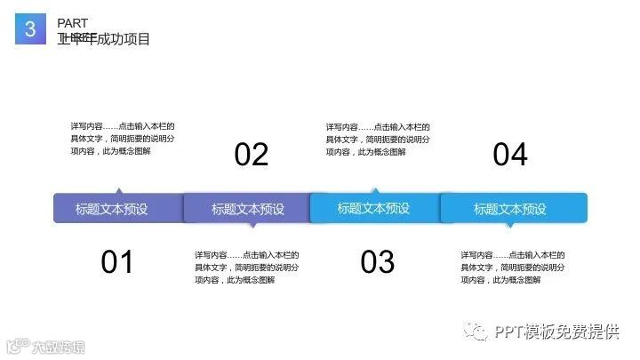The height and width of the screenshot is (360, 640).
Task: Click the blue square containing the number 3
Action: pos(30,29)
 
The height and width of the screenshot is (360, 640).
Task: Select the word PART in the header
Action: pos(72,22)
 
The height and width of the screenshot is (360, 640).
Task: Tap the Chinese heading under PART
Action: pos(103,38)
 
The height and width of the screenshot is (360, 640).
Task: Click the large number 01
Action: pos(116,262)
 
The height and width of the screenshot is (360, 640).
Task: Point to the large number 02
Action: pos(252,155)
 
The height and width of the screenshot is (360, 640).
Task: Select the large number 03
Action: pos(378,262)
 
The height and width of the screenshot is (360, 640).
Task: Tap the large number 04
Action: pos(510,155)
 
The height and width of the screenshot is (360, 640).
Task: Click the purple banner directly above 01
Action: pos(117,209)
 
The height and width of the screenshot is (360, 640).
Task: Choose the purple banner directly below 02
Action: pos(247,209)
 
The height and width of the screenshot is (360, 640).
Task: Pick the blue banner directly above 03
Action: pos(374,208)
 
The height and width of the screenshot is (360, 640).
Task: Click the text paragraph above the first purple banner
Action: pos(123,139)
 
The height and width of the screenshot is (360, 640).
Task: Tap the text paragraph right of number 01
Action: pos(246,267)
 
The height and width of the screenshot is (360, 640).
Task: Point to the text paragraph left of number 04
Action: pos(378,139)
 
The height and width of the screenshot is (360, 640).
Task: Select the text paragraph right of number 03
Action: pos(513,267)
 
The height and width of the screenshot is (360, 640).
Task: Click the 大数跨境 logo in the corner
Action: pos(45,345)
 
